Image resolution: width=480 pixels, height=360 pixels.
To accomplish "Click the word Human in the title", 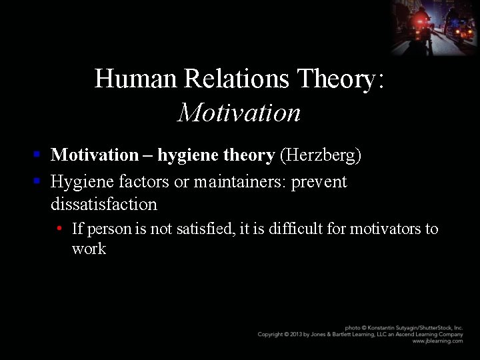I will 136,79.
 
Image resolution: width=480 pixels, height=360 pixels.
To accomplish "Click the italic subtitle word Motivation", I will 239,113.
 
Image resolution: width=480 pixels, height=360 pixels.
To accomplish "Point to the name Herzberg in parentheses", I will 321,155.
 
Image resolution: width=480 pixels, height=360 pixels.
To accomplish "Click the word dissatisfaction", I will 104,204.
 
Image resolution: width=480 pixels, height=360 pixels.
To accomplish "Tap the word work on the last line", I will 89,249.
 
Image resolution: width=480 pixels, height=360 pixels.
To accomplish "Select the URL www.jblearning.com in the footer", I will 437,341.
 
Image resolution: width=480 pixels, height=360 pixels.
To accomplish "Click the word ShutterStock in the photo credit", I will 434,328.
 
